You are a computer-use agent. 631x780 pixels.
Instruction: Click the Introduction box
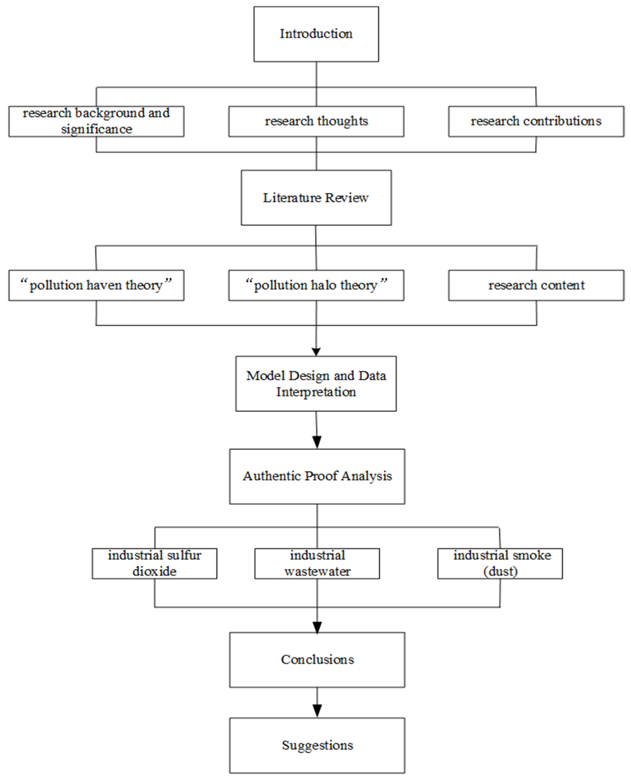coord(316,34)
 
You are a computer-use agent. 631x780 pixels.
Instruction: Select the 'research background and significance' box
coord(96,121)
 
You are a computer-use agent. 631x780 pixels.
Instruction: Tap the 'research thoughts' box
coord(316,121)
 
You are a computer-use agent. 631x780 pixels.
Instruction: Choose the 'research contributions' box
coord(536,121)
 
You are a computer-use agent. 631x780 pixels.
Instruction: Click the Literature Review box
coord(316,198)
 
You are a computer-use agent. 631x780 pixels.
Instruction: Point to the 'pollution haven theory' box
coord(96,285)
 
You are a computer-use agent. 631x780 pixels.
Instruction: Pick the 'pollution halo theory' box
coord(316,285)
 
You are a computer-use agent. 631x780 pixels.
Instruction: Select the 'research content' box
coord(536,285)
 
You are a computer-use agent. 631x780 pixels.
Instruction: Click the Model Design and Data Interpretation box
coord(316,384)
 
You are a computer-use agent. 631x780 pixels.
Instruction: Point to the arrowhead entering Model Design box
coord(316,352)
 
